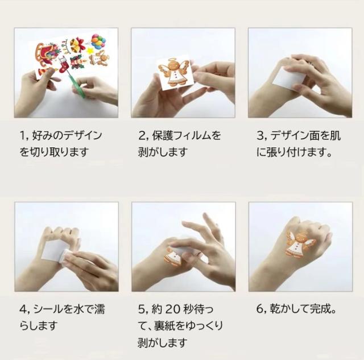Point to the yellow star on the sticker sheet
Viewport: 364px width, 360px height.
(89, 51)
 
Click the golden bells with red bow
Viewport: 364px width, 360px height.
(76, 45)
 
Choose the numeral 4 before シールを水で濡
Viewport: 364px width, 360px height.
(22, 310)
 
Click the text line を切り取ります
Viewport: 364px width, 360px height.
(54, 153)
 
